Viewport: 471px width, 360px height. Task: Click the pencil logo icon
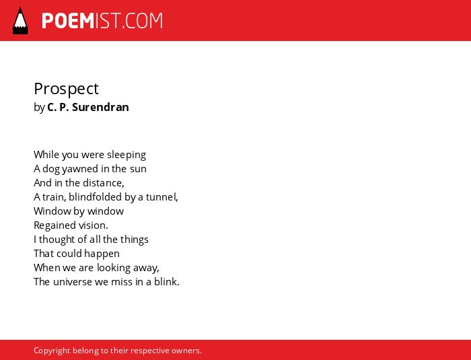[20, 21]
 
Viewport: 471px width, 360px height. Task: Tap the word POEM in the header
[68, 21]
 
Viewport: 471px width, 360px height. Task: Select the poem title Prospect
[66, 89]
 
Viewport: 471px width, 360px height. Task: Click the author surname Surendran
[100, 107]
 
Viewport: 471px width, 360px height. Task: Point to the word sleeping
[126, 155]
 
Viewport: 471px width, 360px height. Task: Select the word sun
[138, 170]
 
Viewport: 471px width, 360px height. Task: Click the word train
[54, 197]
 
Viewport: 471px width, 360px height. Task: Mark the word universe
[73, 282]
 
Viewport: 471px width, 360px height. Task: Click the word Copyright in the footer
[52, 351]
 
